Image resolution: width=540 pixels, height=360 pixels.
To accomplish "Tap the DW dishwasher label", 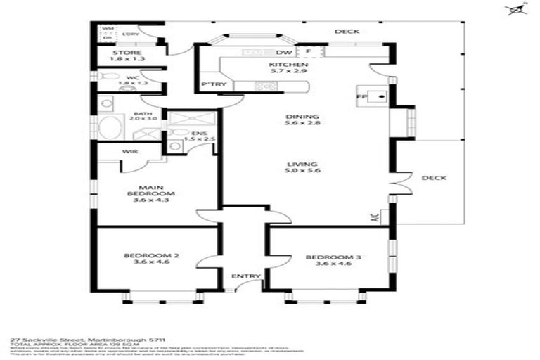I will coord(284,53).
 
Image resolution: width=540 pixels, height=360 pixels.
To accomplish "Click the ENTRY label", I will coord(245,276).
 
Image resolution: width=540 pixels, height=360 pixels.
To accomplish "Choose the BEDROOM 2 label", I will coord(148,255).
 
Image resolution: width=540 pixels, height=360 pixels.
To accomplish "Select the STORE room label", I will coord(127,53).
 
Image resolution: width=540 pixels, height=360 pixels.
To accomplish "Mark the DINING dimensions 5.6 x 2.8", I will coord(302,125).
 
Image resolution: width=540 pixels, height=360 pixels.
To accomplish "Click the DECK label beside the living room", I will coord(434,178).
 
